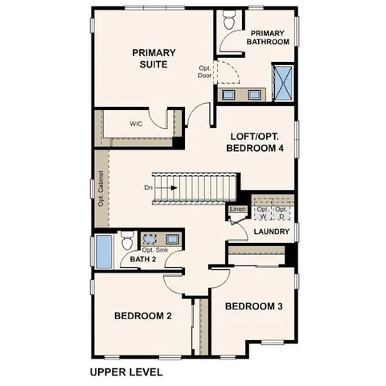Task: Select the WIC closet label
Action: point(137,125)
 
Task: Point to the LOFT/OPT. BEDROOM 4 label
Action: point(257,142)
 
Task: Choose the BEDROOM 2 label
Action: point(143,316)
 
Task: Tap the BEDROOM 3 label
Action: point(253,306)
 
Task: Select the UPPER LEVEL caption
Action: point(125,372)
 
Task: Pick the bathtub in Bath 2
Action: point(105,250)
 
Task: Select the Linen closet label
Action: point(237,210)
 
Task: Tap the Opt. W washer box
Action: point(263,211)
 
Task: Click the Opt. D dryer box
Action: point(281,211)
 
